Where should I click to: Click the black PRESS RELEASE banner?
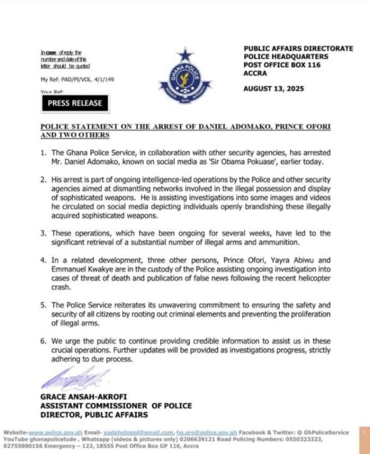point(75,103)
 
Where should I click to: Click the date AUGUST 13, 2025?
point(274,88)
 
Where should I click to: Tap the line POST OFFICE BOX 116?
point(282,65)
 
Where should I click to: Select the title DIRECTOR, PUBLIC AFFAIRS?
point(94,415)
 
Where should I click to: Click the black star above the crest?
point(184,55)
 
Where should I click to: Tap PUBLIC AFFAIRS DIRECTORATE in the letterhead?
point(298,48)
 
